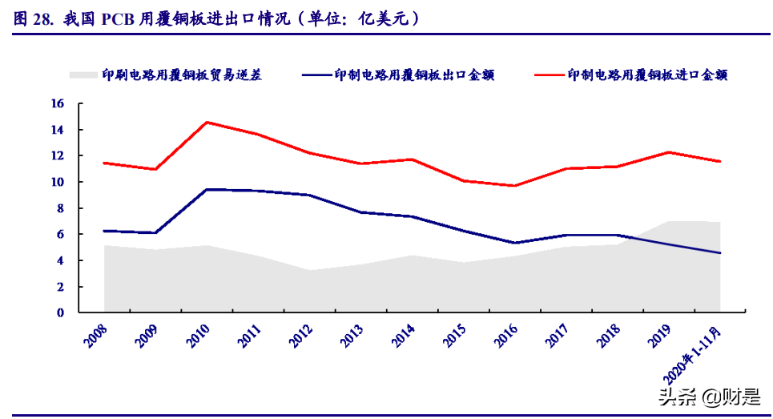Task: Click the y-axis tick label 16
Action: pos(57,103)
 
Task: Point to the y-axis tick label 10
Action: pos(57,182)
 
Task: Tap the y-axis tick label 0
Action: pos(60,312)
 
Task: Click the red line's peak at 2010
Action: pos(207,122)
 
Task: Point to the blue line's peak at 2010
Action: pos(207,189)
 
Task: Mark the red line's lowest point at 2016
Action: pos(515,186)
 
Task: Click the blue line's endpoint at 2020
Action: pos(720,253)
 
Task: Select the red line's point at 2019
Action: pos(669,152)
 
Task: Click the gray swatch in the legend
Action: pos(83,75)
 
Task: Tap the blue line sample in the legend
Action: pos(317,75)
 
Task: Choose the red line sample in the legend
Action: pos(549,75)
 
